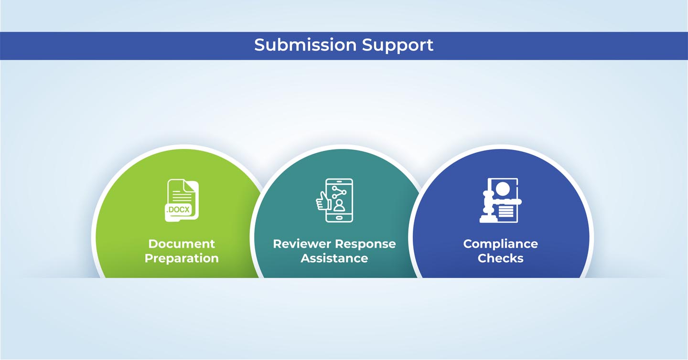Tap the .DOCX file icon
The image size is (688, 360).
pyautogui.click(x=182, y=200)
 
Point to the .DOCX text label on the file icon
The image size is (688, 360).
pyautogui.click(x=177, y=209)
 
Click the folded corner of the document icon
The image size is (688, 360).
pyautogui.click(x=192, y=185)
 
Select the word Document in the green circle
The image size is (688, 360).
pyautogui.click(x=182, y=244)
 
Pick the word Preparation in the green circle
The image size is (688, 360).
pyautogui.click(x=182, y=258)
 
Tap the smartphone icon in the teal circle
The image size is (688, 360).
pyautogui.click(x=339, y=200)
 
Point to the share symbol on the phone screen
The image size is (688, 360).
pyautogui.click(x=339, y=191)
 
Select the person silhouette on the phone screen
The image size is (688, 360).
pyautogui.click(x=339, y=205)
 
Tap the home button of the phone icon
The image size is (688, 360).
pyautogui.click(x=339, y=218)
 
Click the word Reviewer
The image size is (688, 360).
pyautogui.click(x=302, y=244)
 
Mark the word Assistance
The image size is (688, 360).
pyautogui.click(x=334, y=258)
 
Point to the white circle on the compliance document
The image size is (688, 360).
pyautogui.click(x=502, y=189)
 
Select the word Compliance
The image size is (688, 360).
pyautogui.click(x=500, y=244)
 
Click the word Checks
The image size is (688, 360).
pyautogui.click(x=500, y=258)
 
